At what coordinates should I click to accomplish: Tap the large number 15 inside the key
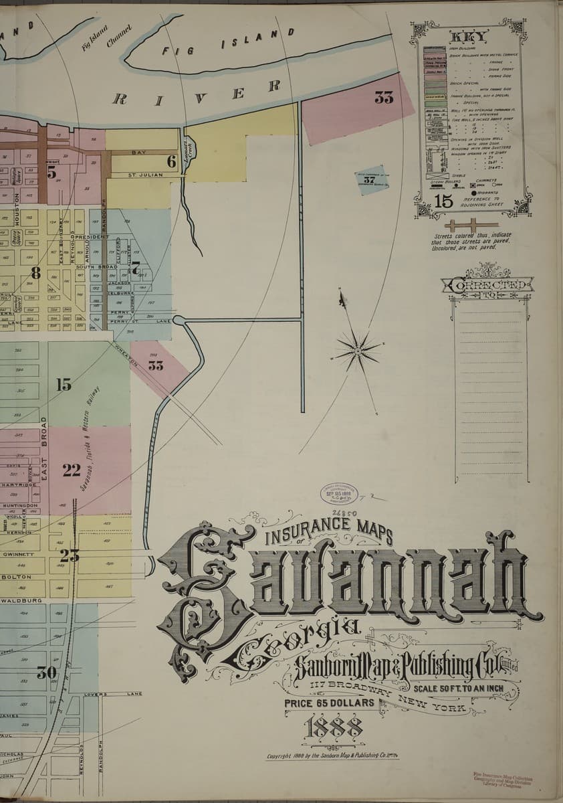(443, 200)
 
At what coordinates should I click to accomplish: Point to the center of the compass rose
(358, 349)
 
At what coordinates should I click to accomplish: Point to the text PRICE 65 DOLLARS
(329, 703)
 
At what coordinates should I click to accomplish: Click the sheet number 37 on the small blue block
(370, 179)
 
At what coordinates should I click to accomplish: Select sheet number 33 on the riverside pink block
(384, 98)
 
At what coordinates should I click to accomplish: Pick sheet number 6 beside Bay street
(171, 161)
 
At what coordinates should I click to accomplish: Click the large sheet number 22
(72, 470)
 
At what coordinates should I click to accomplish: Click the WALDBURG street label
(24, 600)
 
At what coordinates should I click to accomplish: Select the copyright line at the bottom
(332, 757)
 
